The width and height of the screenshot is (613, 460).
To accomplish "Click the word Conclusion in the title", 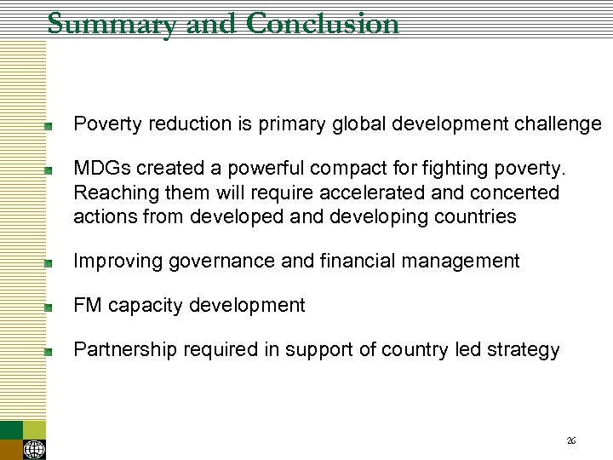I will [322, 23].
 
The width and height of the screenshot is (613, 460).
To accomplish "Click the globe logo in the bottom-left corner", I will [35, 449].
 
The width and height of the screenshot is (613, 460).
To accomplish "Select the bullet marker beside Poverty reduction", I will [50, 125].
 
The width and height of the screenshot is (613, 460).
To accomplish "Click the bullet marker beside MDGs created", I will [50, 171].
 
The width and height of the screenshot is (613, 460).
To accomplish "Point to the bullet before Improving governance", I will [50, 262].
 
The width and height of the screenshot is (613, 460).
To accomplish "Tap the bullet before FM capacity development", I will [50, 307].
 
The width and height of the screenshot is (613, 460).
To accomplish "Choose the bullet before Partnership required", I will [50, 351].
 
